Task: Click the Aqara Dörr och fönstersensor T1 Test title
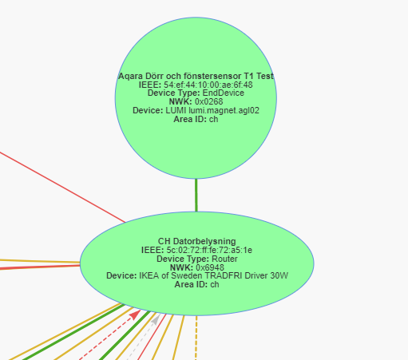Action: [x=196, y=76]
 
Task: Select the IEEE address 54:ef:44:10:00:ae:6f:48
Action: [x=208, y=85]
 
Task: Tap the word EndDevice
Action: [x=224, y=93]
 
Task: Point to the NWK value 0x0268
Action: [x=209, y=101]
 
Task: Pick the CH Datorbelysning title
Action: [x=197, y=241]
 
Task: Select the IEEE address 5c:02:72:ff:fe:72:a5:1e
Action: [x=209, y=250]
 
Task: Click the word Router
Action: [x=224, y=259]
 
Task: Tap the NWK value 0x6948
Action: [x=210, y=267]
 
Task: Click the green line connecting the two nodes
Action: [x=196, y=195]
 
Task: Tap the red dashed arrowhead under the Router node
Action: [x=136, y=315]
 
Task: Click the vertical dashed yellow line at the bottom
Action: [x=196, y=338]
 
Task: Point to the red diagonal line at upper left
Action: [x=62, y=187]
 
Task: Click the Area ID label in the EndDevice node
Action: [x=190, y=119]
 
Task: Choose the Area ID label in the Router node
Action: [x=191, y=284]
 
